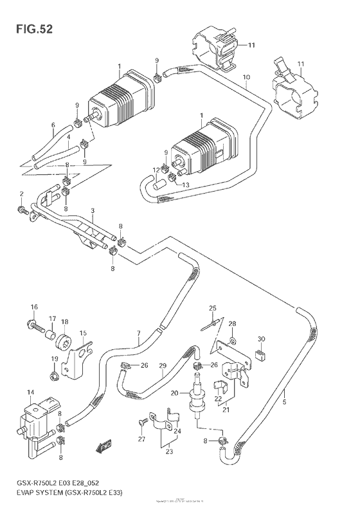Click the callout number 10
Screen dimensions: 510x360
tap(246, 77)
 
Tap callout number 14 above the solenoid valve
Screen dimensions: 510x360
tap(30, 392)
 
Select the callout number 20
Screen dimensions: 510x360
tap(174, 394)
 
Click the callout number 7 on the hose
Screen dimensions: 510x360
tap(138, 333)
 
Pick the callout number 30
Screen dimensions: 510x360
tap(260, 339)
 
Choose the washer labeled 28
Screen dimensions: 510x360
tap(233, 340)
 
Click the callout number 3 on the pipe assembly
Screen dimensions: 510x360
tap(93, 211)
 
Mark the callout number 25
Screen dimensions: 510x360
tap(212, 308)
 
